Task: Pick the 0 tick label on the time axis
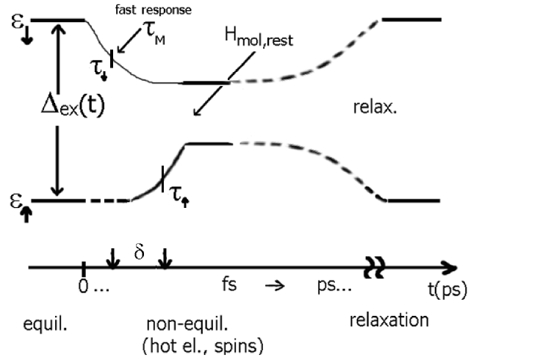[83, 286]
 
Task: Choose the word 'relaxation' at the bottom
[389, 320]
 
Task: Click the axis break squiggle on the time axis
[377, 269]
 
